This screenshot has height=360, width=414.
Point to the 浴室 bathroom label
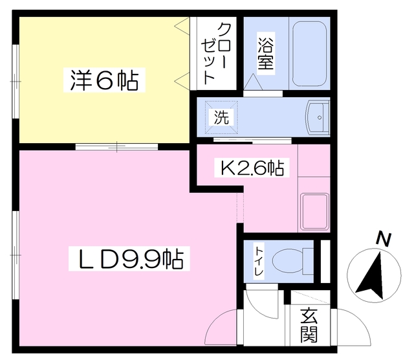click(266, 55)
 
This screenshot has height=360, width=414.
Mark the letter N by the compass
click(384, 240)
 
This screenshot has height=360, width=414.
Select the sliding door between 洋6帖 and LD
click(116, 146)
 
